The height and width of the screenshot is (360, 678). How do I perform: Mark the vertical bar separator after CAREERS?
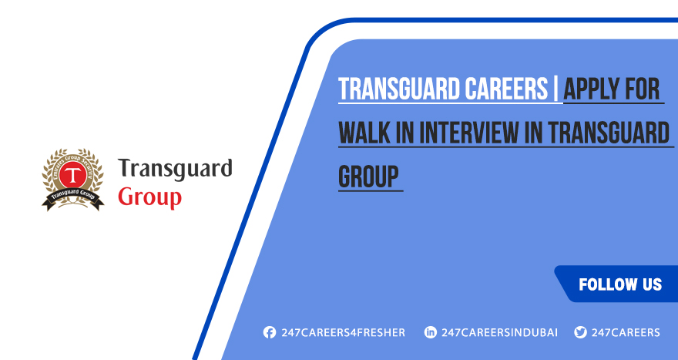[x=556, y=89]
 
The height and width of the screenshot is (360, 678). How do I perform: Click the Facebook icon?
[x=269, y=332]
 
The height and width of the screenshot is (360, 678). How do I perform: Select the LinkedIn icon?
[x=431, y=332]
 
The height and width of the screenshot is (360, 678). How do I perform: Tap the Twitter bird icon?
[x=580, y=332]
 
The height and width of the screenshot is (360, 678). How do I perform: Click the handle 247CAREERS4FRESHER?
[x=343, y=332]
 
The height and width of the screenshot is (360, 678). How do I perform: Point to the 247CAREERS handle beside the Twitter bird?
[x=626, y=332]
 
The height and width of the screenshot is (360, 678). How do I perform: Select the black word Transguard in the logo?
[x=175, y=169]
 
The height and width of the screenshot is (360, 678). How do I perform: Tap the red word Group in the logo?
[x=149, y=196]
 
